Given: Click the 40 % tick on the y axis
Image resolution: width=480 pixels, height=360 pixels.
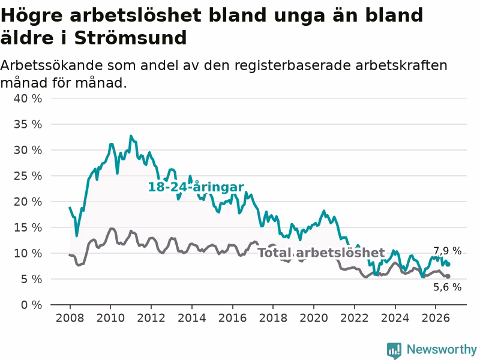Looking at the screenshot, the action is [28, 98].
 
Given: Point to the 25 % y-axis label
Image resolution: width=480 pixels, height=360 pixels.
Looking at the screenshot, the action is [28, 176].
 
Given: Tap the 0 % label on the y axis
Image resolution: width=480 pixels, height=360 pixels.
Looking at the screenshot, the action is [32, 305].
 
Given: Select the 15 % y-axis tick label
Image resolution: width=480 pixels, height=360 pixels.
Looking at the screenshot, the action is [28, 227].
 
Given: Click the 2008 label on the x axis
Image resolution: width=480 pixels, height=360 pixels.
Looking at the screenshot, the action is [70, 318].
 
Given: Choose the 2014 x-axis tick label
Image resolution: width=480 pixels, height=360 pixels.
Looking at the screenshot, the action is [192, 318].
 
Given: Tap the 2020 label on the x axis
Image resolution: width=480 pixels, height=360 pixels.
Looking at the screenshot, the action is [314, 318].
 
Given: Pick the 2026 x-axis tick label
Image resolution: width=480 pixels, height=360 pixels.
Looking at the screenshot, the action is [436, 318].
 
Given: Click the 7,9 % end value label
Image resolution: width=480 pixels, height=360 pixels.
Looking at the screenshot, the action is [447, 251].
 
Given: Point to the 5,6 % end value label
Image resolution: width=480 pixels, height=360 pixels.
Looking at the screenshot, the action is [447, 287].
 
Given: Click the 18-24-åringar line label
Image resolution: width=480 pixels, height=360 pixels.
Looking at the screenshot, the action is [196, 187].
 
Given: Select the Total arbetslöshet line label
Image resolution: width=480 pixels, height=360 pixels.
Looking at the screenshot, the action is [321, 253].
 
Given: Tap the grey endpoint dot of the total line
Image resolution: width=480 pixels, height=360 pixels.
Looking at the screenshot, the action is [448, 276].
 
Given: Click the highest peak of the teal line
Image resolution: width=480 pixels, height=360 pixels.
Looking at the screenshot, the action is [131, 136].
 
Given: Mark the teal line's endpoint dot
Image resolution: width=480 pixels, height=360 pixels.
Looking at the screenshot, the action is [448, 265].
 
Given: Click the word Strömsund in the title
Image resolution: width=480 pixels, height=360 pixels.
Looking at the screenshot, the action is [130, 38].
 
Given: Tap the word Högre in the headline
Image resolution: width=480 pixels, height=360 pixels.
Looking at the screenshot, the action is [32, 16].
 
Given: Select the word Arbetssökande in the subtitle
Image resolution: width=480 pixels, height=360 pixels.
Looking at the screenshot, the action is [51, 65].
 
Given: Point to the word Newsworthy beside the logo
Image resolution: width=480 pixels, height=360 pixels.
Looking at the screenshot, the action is [442, 349].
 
